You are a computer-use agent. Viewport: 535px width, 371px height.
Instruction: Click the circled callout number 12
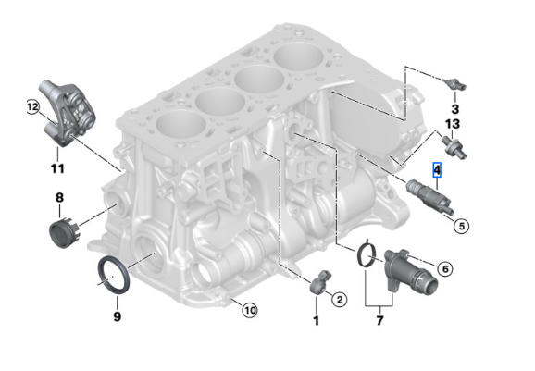pyautogui.click(x=32, y=108)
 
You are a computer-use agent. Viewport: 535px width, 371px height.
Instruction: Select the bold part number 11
pyautogui.click(x=57, y=168)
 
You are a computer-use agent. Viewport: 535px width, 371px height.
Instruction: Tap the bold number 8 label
pyautogui.click(x=59, y=197)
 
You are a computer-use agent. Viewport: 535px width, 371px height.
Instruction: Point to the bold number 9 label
pyautogui.click(x=117, y=316)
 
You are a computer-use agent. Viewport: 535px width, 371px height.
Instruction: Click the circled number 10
pyautogui.click(x=249, y=310)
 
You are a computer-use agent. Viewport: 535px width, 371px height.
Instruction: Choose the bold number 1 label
pyautogui.click(x=316, y=320)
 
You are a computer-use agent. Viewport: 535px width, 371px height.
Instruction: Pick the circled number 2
pyautogui.click(x=339, y=299)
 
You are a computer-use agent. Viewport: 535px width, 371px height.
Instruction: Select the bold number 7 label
pyautogui.click(x=379, y=320)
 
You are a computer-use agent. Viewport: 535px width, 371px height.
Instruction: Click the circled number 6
pyautogui.click(x=444, y=268)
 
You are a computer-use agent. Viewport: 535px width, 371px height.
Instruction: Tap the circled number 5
pyautogui.click(x=461, y=223)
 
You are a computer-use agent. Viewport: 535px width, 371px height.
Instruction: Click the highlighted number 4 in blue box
pyautogui.click(x=437, y=170)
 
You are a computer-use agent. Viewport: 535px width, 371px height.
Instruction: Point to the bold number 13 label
pyautogui.click(x=453, y=123)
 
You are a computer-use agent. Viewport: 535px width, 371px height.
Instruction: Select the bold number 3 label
pyautogui.click(x=454, y=110)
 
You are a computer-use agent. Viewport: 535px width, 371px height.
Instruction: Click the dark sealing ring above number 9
pyautogui.click(x=114, y=275)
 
